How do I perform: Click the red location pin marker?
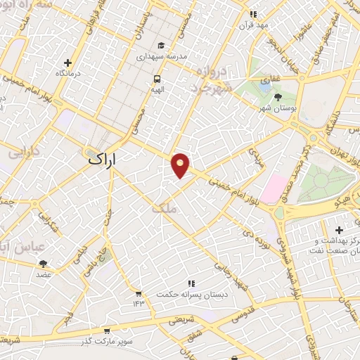tap(181, 164)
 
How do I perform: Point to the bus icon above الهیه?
tap(157, 78)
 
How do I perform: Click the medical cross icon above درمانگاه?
tap(67, 63)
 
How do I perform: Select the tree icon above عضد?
tap(43, 264)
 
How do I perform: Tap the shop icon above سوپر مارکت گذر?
tap(106, 330)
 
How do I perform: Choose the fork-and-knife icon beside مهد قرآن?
tap(253, 13)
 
